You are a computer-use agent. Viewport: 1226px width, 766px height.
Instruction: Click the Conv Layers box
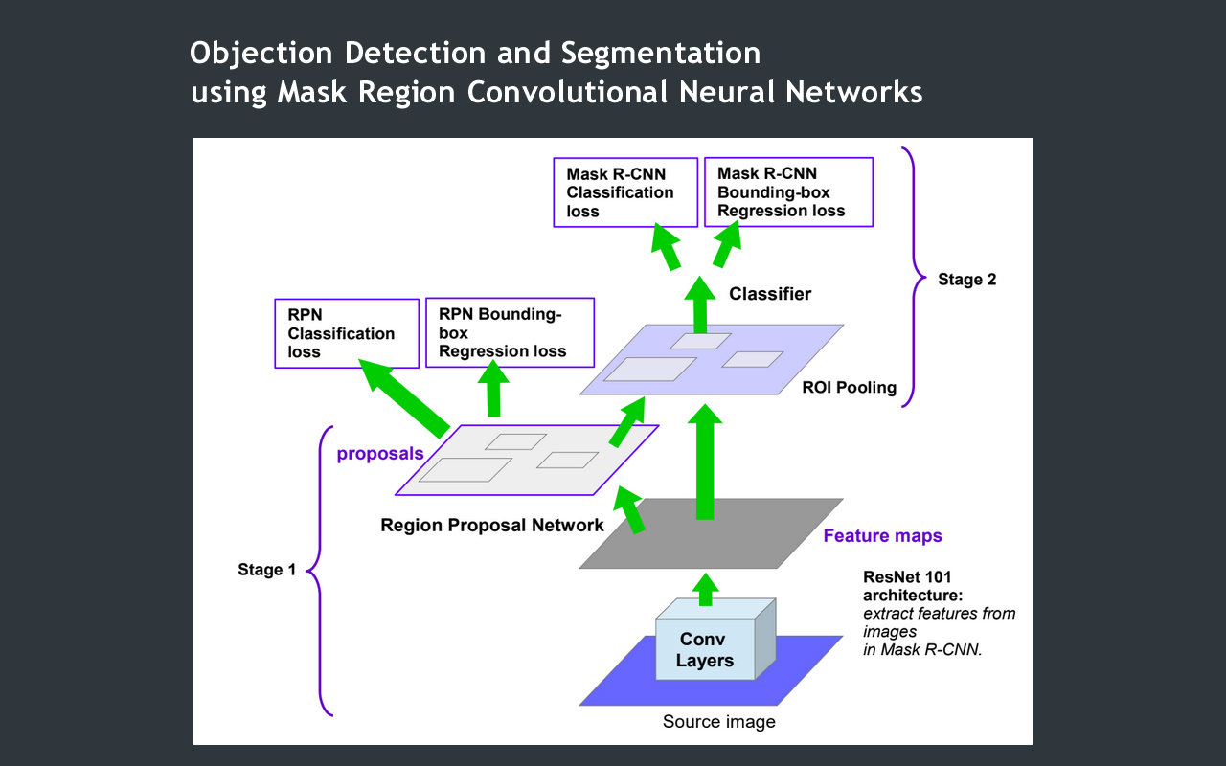pyautogui.click(x=703, y=649)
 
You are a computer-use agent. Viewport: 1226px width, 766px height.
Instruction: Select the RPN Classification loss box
pyautogui.click(x=346, y=333)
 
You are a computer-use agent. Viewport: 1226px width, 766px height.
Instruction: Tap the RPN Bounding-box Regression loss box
pyautogui.click(x=509, y=332)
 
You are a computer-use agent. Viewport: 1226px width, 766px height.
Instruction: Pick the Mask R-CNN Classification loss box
pyautogui.click(x=625, y=192)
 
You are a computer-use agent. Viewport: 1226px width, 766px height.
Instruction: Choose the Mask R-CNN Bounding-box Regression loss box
pyautogui.click(x=788, y=192)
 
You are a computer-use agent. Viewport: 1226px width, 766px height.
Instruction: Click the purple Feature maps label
pyautogui.click(x=882, y=536)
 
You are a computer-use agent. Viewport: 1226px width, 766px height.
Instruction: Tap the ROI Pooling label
pyautogui.click(x=850, y=388)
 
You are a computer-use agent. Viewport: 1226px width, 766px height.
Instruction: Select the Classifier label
pyautogui.click(x=770, y=294)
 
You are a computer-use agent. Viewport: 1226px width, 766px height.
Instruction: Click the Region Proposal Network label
pyautogui.click(x=492, y=525)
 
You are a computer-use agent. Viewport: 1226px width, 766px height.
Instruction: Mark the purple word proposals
pyautogui.click(x=379, y=454)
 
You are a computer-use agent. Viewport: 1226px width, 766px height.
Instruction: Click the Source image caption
pyautogui.click(x=718, y=722)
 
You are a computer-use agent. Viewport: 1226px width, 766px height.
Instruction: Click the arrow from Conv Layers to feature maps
pyautogui.click(x=706, y=591)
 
